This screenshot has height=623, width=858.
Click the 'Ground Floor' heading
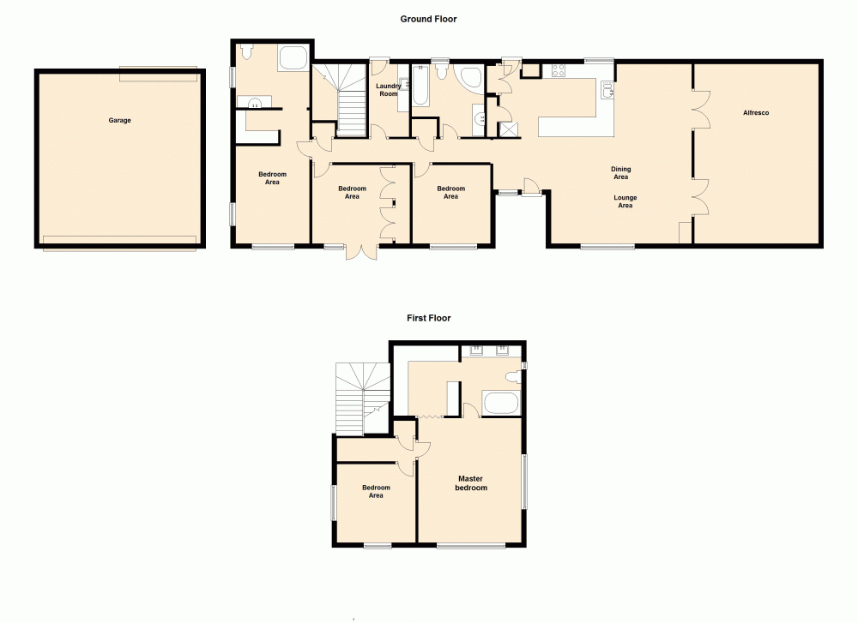point(428,19)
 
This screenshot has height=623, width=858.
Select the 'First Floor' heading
point(428,318)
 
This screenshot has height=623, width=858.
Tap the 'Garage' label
point(119,121)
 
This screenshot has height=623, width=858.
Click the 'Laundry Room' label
point(388,89)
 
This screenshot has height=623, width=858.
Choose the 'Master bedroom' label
point(471,483)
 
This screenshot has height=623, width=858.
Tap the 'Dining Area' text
point(620,173)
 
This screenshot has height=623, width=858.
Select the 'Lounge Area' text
point(625,201)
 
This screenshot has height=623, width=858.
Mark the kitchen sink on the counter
point(607,88)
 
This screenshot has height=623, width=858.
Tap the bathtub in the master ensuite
point(501,403)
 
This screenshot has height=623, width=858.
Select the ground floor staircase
point(345,99)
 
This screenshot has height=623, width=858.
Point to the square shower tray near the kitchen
point(510,129)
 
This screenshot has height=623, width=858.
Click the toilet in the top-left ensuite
point(245,53)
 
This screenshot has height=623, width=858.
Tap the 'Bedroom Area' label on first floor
point(375,492)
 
